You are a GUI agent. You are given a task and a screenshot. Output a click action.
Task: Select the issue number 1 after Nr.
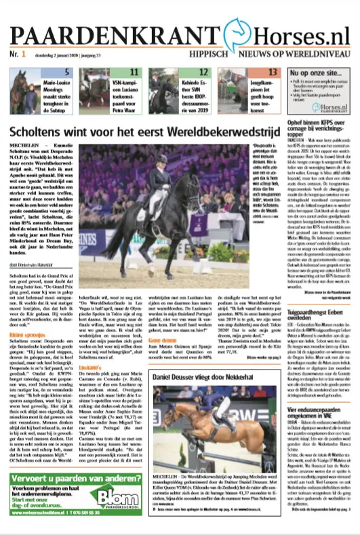point(23,54)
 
